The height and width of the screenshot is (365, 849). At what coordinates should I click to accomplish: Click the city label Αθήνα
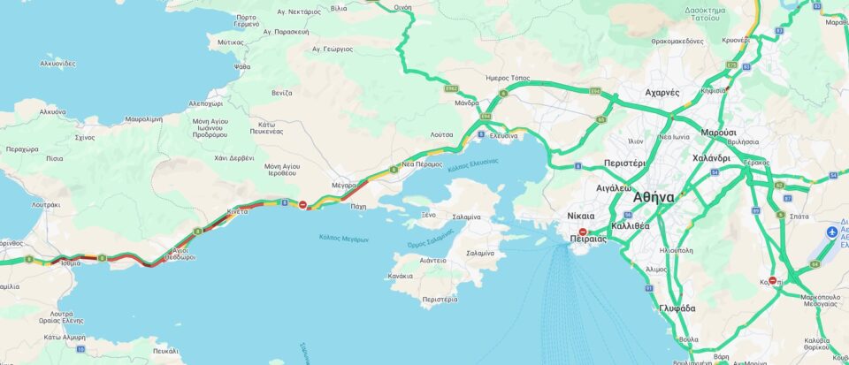click(654, 197)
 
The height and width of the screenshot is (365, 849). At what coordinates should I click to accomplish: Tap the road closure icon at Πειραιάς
click(583, 232)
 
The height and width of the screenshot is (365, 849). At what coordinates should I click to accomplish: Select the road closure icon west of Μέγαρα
click(303, 205)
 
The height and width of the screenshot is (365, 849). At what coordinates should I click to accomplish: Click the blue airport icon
click(831, 232)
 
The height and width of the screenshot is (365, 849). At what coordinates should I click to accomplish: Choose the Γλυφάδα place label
click(677, 308)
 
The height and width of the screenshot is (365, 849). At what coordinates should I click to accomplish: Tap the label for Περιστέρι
click(624, 163)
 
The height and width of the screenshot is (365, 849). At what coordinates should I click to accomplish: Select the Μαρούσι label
click(718, 132)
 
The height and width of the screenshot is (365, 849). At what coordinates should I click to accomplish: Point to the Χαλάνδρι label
click(711, 158)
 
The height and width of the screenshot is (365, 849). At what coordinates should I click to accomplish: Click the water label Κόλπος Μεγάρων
click(344, 239)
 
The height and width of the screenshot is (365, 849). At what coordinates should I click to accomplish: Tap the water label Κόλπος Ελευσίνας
click(472, 164)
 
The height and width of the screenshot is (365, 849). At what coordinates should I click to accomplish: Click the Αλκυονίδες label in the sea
click(57, 64)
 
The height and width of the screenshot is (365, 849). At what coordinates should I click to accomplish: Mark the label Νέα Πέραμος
click(422, 164)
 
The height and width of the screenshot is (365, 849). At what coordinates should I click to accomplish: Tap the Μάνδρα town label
click(466, 103)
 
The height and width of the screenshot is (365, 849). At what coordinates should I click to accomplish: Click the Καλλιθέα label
click(630, 225)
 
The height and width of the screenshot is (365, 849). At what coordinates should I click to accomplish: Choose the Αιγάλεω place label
click(614, 188)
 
